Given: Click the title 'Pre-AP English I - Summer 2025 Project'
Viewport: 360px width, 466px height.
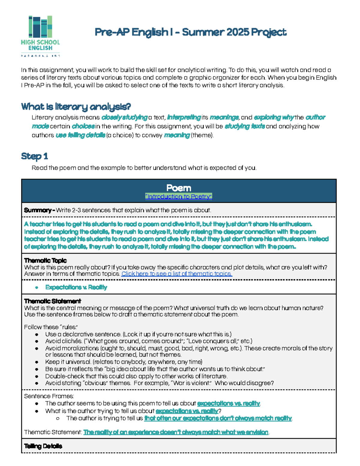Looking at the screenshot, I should [x=190, y=32].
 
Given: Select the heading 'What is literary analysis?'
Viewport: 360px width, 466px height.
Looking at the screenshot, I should [x=76, y=107].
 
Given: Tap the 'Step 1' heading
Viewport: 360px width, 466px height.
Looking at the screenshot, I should [x=34, y=156].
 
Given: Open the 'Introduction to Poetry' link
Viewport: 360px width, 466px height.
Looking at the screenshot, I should [x=178, y=197].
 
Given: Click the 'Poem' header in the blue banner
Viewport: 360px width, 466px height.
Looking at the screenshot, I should [x=178, y=188].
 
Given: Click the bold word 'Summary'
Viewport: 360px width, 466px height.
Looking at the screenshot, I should [x=38, y=210].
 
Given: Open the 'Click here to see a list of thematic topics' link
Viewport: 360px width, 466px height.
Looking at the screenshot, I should [x=177, y=274].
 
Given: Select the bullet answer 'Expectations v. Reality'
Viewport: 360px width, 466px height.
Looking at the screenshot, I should [x=76, y=287].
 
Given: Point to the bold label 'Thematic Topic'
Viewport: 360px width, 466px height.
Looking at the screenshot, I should [x=45, y=260].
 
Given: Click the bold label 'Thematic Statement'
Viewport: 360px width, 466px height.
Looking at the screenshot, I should [x=52, y=301].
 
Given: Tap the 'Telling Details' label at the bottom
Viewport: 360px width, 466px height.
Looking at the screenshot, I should [x=43, y=446].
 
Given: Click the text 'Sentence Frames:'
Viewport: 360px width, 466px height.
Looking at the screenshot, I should [x=49, y=396].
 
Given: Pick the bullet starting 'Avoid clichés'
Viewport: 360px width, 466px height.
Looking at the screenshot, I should [x=148, y=341].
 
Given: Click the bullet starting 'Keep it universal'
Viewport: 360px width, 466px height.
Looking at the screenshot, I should [x=124, y=362].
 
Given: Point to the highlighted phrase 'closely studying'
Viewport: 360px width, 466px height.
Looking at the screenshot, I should [x=124, y=117].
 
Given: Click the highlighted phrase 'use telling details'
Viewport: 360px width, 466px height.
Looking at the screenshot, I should [x=80, y=135].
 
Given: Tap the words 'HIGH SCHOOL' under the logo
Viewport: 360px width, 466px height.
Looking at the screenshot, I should [x=40, y=42].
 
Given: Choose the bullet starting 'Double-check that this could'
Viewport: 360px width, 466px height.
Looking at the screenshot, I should [x=136, y=376].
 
